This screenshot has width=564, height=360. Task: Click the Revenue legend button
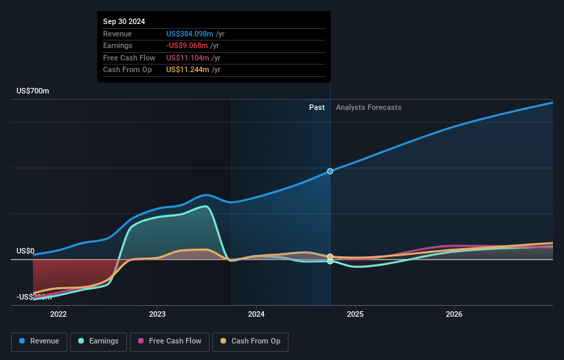tap(38, 341)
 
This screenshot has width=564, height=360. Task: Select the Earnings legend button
tap(98, 341)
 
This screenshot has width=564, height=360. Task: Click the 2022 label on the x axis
tap(58, 315)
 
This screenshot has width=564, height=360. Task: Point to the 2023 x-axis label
tap(157, 315)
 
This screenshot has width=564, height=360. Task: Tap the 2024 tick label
tap(256, 315)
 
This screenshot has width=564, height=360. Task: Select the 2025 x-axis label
tap(355, 315)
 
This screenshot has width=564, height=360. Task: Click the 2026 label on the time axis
tap(454, 315)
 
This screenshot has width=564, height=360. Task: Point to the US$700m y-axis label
tap(33, 91)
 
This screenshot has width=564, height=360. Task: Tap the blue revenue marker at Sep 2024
tap(330, 171)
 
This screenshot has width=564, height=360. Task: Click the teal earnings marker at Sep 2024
tap(330, 262)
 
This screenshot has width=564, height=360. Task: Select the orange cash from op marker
tap(330, 256)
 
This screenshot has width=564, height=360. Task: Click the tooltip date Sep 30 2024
tap(124, 22)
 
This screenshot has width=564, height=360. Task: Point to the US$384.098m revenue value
tap(190, 34)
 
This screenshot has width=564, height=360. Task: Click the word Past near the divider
tap(317, 107)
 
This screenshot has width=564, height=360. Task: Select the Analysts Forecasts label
tap(369, 107)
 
